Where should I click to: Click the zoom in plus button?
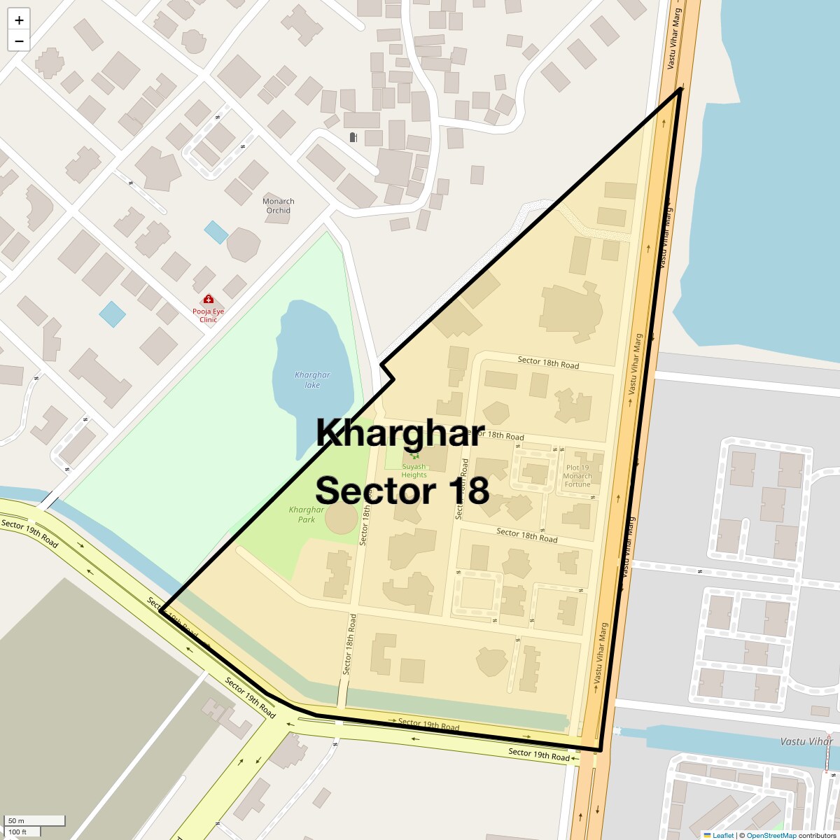pos(19,20)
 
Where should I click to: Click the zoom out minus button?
pos(19,41)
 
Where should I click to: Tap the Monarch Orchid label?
pos(278,206)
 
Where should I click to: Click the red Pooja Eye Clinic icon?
pos(209,300)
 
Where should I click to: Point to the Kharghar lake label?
pos(312,379)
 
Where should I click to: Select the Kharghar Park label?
pos(306,514)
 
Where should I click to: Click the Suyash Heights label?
pos(414,470)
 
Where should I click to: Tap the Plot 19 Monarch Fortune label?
pos(577,476)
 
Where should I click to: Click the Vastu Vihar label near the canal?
pos(806,741)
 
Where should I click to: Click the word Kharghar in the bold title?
pos(400,433)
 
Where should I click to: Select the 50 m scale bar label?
pos(16,820)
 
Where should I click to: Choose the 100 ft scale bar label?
pos(17,832)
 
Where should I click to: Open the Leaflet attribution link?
pos(722,835)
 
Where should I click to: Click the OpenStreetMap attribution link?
pos(771,835)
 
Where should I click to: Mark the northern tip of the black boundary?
pos(681,90)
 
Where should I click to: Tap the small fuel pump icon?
pos(353,137)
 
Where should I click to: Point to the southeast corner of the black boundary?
pos(600,750)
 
